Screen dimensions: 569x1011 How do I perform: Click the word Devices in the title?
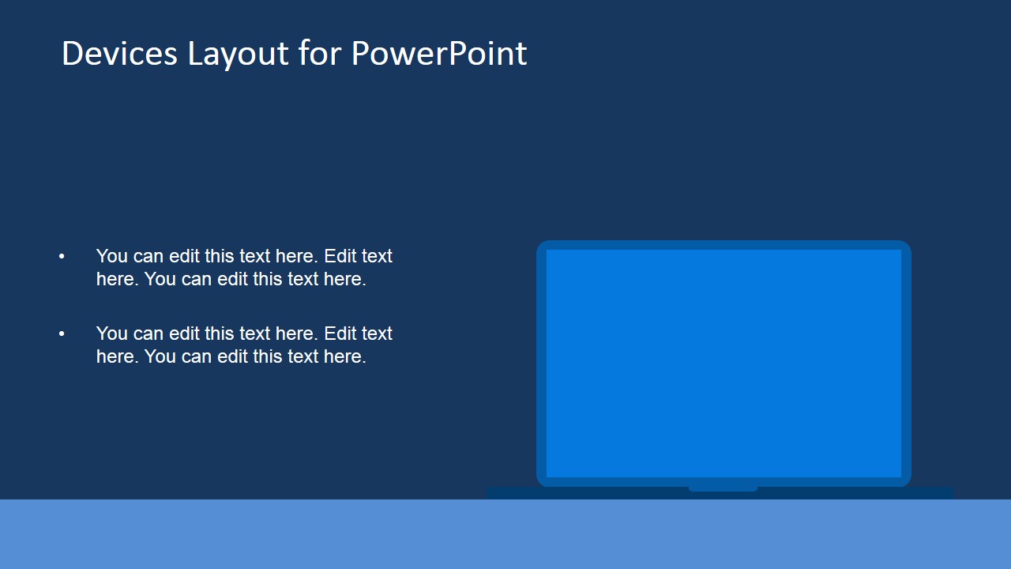tap(119, 54)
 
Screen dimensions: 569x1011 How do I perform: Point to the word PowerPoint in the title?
tap(438, 54)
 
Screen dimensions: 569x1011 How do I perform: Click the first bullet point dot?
tap(62, 256)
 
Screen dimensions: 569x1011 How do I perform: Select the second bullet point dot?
tap(62, 333)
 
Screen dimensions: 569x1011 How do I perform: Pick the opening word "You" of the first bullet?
tap(111, 256)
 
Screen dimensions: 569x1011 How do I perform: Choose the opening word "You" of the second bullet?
tap(111, 333)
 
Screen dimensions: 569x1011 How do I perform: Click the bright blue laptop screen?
tap(723, 364)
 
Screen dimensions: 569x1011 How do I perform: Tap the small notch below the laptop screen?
tap(723, 489)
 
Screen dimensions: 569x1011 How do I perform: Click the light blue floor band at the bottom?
tap(505, 534)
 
